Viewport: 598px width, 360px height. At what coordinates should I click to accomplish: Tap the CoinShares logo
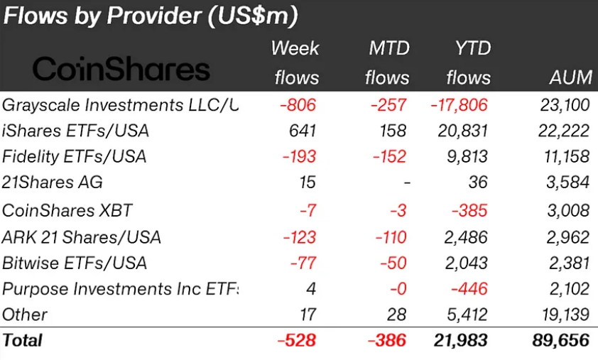click(x=121, y=69)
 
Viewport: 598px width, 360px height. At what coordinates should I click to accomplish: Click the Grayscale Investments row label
click(x=120, y=105)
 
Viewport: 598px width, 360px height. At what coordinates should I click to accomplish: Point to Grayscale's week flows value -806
click(x=298, y=105)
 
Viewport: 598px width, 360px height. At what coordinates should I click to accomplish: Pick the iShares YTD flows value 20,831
click(x=460, y=131)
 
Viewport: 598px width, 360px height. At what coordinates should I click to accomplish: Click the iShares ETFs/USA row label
click(x=76, y=131)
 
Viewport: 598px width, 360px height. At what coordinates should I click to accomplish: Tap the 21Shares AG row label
click(x=53, y=182)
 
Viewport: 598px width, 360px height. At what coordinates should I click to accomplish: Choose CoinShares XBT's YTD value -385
click(x=469, y=210)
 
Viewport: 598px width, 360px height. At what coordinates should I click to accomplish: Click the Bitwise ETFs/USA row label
click(x=75, y=263)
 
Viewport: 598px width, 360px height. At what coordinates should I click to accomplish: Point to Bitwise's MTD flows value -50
click(x=393, y=263)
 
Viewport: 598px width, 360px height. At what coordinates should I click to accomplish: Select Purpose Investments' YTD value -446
click(x=469, y=288)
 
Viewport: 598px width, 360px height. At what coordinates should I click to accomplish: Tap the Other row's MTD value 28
click(x=397, y=314)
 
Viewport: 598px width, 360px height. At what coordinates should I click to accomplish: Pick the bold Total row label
click(x=23, y=340)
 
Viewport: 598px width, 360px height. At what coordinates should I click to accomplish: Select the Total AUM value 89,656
click(x=560, y=340)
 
